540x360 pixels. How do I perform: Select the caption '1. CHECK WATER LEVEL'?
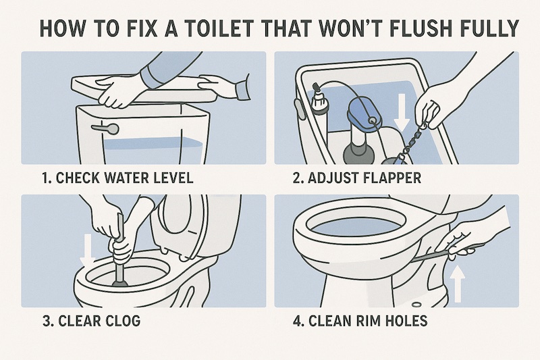(117, 178)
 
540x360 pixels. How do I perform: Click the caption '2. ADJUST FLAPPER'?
(357, 178)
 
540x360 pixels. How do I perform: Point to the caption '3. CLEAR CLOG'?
(92, 321)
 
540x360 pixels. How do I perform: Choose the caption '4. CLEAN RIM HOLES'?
(360, 321)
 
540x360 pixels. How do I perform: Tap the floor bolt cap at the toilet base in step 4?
(416, 304)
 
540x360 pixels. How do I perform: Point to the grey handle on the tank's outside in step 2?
(300, 109)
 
